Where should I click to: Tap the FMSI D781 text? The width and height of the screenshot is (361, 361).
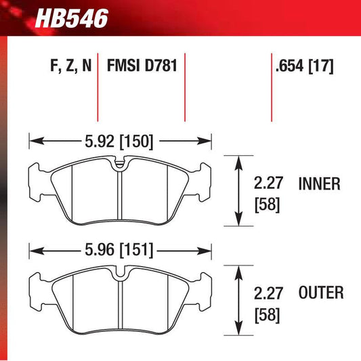pyautogui.click(x=140, y=67)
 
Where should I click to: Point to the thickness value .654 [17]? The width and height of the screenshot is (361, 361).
pyautogui.click(x=304, y=67)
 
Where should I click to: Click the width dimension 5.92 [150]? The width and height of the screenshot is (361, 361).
pyautogui.click(x=120, y=142)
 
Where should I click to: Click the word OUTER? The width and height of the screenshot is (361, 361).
pyautogui.click(x=320, y=293)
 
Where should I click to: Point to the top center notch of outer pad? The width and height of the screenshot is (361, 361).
pyautogui.click(x=120, y=274)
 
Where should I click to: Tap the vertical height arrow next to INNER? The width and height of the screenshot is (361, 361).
pyautogui.click(x=239, y=190)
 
